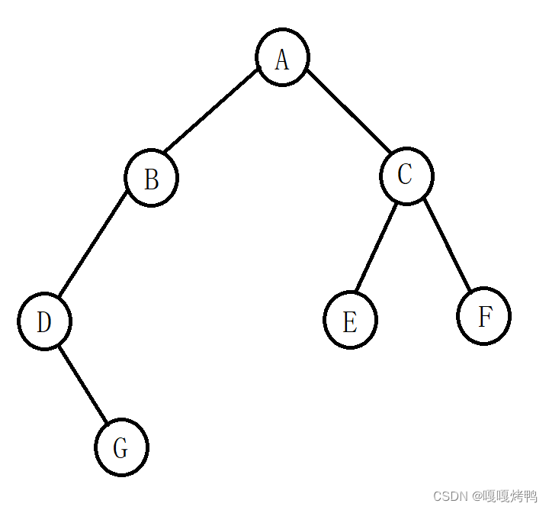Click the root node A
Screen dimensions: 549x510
click(x=282, y=56)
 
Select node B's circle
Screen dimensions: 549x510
click(x=151, y=178)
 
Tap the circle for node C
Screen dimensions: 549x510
click(x=406, y=176)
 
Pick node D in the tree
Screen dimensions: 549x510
click(x=44, y=321)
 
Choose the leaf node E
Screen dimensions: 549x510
click(x=350, y=320)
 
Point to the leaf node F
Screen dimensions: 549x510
click(x=483, y=316)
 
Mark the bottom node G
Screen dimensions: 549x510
click(x=121, y=447)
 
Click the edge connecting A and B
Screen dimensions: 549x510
click(x=211, y=111)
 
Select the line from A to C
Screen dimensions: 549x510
click(x=348, y=111)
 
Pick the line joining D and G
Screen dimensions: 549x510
click(x=82, y=384)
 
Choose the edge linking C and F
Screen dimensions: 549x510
click(x=448, y=244)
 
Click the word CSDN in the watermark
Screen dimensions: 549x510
click(x=451, y=496)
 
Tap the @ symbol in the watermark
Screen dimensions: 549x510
click(x=477, y=496)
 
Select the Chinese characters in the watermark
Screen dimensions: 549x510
click(x=510, y=496)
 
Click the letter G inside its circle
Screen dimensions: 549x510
click(x=120, y=448)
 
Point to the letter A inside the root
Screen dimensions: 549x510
click(x=282, y=60)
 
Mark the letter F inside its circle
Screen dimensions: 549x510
click(x=485, y=316)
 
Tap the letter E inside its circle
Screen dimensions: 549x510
click(x=350, y=321)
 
